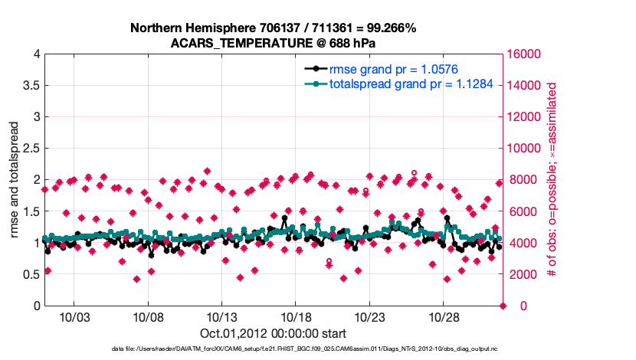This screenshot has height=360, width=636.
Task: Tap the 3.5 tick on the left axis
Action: coord(30,85)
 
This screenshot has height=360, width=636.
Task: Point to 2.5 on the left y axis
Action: coord(30,149)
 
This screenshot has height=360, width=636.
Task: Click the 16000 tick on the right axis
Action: coord(526,54)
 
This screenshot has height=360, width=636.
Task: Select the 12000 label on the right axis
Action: coord(526,117)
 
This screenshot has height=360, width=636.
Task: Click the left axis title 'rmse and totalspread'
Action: coord(14,180)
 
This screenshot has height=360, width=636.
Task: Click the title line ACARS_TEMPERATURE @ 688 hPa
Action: coord(273,43)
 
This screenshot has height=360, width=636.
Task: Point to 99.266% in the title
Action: coord(388,28)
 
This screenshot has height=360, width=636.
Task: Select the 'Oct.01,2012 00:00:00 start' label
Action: coord(273,333)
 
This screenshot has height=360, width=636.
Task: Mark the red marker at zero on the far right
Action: coord(503,306)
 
